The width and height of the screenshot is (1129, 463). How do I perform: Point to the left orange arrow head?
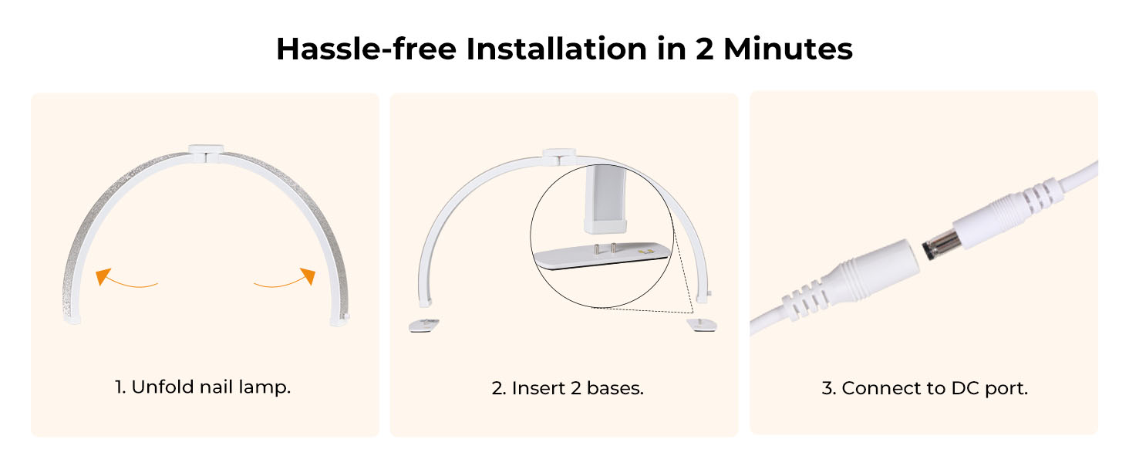tap(101, 276)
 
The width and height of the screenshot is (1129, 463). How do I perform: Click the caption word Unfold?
tap(160, 387)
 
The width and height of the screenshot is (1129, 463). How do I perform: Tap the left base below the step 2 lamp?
tap(423, 325)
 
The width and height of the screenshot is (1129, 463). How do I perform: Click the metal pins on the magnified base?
tap(605, 248)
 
